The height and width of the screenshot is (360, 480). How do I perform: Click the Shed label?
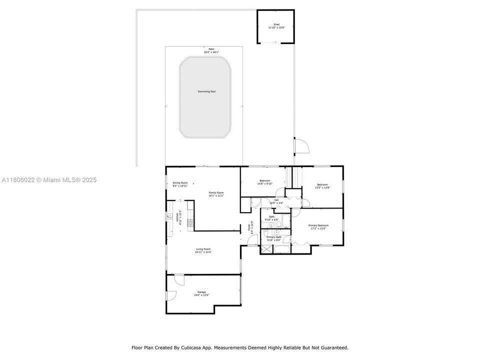click(276, 24)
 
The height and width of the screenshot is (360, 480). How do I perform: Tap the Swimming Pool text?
click(206, 91)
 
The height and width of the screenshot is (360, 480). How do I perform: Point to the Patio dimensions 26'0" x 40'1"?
click(211, 52)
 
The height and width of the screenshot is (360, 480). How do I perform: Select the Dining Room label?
click(180, 183)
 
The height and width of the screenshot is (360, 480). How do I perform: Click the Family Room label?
click(216, 192)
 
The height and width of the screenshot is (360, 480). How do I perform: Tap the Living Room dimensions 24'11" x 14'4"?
click(203, 252)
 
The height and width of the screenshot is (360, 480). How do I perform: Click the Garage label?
click(201, 292)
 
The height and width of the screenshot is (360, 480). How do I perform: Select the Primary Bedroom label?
click(318, 225)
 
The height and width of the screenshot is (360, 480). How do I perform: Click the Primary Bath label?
click(273, 237)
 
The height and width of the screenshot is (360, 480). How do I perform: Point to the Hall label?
click(276, 200)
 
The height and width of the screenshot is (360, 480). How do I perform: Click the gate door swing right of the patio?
click(301, 145)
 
